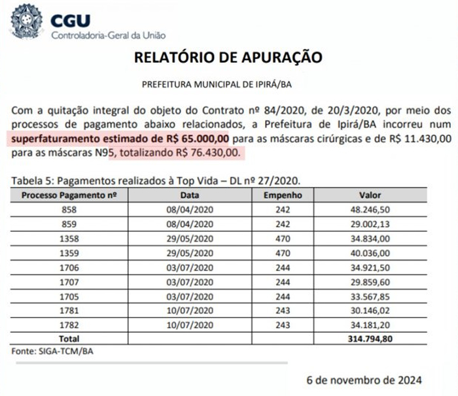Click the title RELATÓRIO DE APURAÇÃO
[228, 58]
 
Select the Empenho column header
[283, 195]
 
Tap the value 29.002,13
[370, 223]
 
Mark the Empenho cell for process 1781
[283, 310]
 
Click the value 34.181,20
[370, 325]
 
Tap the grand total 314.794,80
[370, 338]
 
